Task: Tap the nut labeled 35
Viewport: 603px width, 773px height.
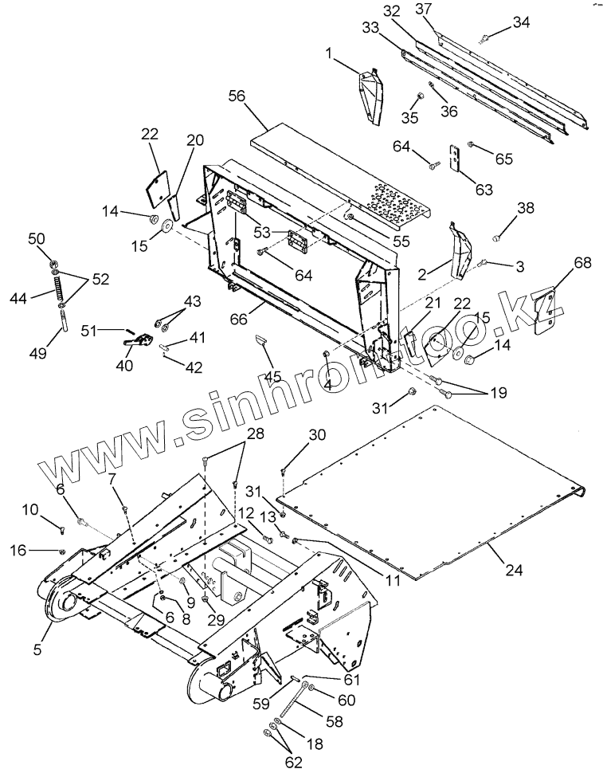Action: click(x=417, y=99)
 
